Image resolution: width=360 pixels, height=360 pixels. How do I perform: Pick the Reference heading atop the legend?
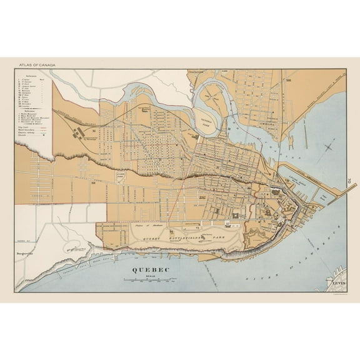31,76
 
